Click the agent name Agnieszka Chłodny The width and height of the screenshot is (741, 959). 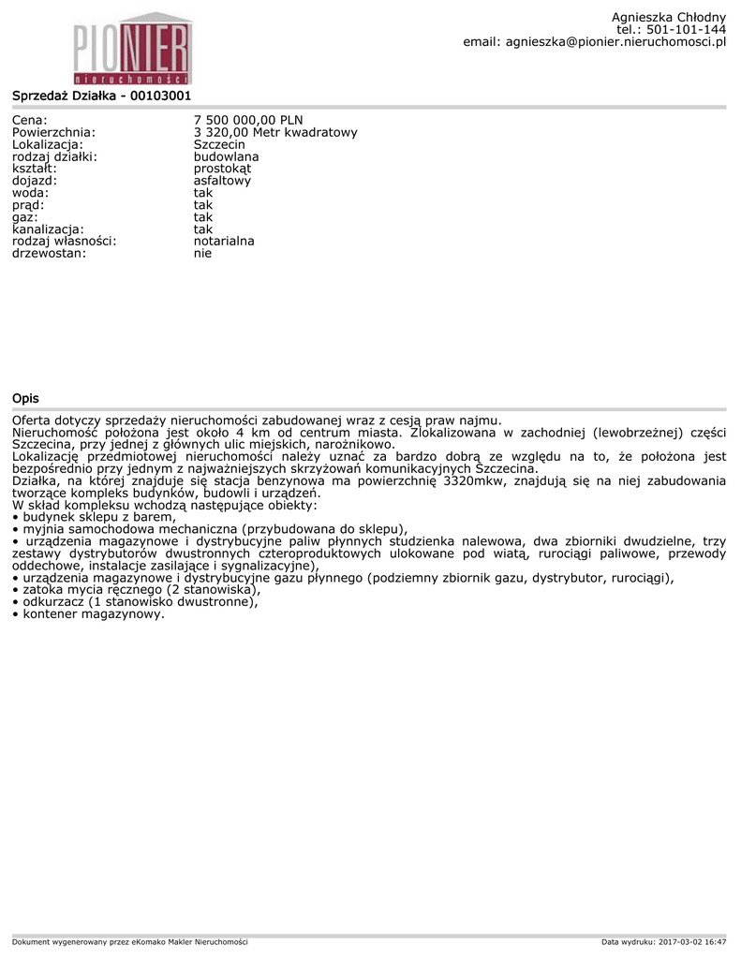click(x=668, y=17)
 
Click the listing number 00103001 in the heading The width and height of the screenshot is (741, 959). click(x=160, y=96)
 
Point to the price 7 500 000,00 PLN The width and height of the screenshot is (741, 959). click(x=248, y=120)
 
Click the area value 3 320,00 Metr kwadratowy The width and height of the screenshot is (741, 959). click(x=275, y=132)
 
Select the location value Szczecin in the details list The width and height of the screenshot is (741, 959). click(x=219, y=144)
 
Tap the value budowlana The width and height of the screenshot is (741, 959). click(x=226, y=156)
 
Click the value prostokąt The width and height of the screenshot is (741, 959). click(x=222, y=169)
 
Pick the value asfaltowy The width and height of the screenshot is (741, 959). click(x=222, y=181)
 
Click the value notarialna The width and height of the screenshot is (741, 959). click(x=224, y=241)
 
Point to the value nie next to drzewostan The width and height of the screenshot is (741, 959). click(x=202, y=253)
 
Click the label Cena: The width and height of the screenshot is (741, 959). click(x=30, y=120)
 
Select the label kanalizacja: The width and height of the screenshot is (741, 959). click(x=48, y=229)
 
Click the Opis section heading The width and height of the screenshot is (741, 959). click(x=25, y=399)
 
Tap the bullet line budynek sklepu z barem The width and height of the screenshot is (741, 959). click(x=98, y=517)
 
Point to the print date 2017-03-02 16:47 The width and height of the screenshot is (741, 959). click(x=692, y=941)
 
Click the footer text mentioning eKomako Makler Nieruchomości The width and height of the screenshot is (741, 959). click(x=130, y=941)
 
